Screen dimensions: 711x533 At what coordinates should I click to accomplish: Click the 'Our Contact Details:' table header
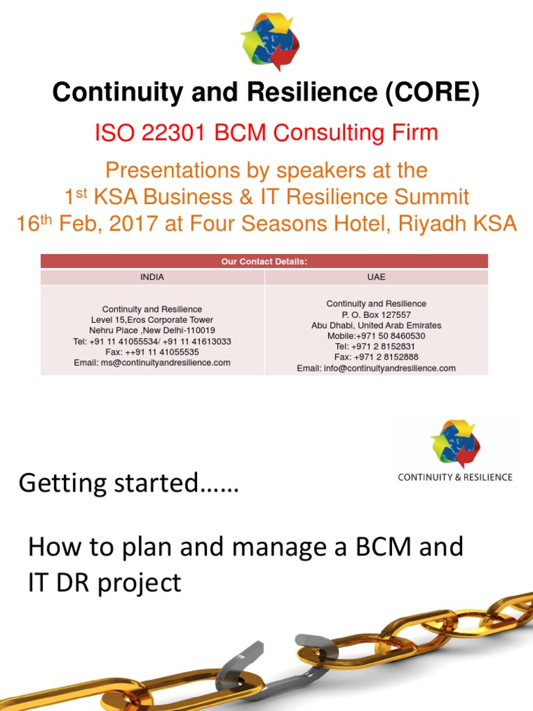tap(264, 262)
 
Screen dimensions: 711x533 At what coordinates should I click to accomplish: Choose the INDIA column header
tap(152, 277)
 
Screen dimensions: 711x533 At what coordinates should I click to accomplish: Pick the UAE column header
tap(376, 277)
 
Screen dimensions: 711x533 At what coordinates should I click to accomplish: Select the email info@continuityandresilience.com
tap(389, 368)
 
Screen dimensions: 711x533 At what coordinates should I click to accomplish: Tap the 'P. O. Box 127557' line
tap(376, 315)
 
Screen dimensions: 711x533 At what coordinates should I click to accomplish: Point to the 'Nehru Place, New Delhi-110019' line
tap(152, 331)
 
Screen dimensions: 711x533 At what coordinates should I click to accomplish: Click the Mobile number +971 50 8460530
tap(376, 336)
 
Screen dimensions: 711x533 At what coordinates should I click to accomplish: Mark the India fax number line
tap(152, 352)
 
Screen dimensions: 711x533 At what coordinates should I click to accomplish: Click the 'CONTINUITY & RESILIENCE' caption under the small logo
tap(455, 477)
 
